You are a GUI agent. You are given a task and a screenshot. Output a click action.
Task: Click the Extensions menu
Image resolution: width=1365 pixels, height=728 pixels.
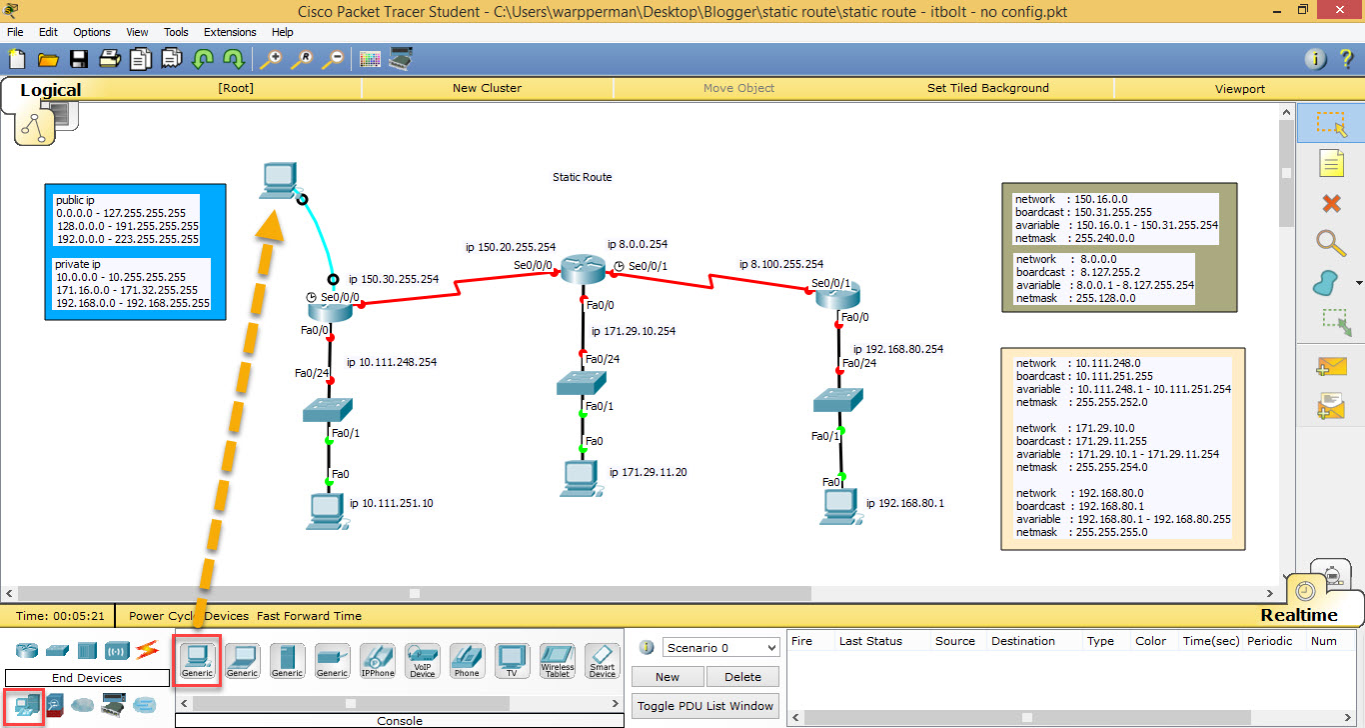click(230, 32)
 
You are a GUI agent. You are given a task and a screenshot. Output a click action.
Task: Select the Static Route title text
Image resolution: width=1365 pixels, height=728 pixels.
click(582, 177)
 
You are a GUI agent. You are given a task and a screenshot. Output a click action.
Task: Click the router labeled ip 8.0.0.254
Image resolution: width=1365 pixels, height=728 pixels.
click(583, 268)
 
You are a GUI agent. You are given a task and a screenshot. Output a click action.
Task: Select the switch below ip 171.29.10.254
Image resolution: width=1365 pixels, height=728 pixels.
click(583, 382)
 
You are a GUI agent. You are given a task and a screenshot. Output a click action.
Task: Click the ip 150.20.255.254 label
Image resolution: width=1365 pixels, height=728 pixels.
click(510, 247)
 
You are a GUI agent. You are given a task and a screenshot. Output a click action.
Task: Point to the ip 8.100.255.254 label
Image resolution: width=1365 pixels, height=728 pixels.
click(780, 264)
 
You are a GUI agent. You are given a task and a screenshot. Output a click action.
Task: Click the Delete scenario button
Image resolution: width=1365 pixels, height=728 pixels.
click(742, 677)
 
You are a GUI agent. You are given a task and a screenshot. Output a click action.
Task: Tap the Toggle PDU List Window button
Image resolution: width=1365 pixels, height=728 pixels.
click(705, 706)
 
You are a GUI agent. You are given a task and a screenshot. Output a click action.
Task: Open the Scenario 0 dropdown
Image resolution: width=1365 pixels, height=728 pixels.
click(720, 648)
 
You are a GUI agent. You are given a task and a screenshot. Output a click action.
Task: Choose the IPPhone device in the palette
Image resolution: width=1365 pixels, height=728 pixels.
click(378, 661)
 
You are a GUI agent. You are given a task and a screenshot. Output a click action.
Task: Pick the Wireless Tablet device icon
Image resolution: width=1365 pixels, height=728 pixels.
click(558, 661)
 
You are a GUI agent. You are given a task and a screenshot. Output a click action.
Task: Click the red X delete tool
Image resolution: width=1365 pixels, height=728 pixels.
click(1331, 204)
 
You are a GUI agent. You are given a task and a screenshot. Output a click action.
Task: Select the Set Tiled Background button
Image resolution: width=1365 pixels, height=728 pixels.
click(987, 88)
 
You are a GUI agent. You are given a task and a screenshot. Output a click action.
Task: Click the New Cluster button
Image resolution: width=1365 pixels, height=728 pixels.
click(487, 88)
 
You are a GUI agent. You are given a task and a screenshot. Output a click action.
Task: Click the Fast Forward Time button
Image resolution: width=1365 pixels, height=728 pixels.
click(309, 616)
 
